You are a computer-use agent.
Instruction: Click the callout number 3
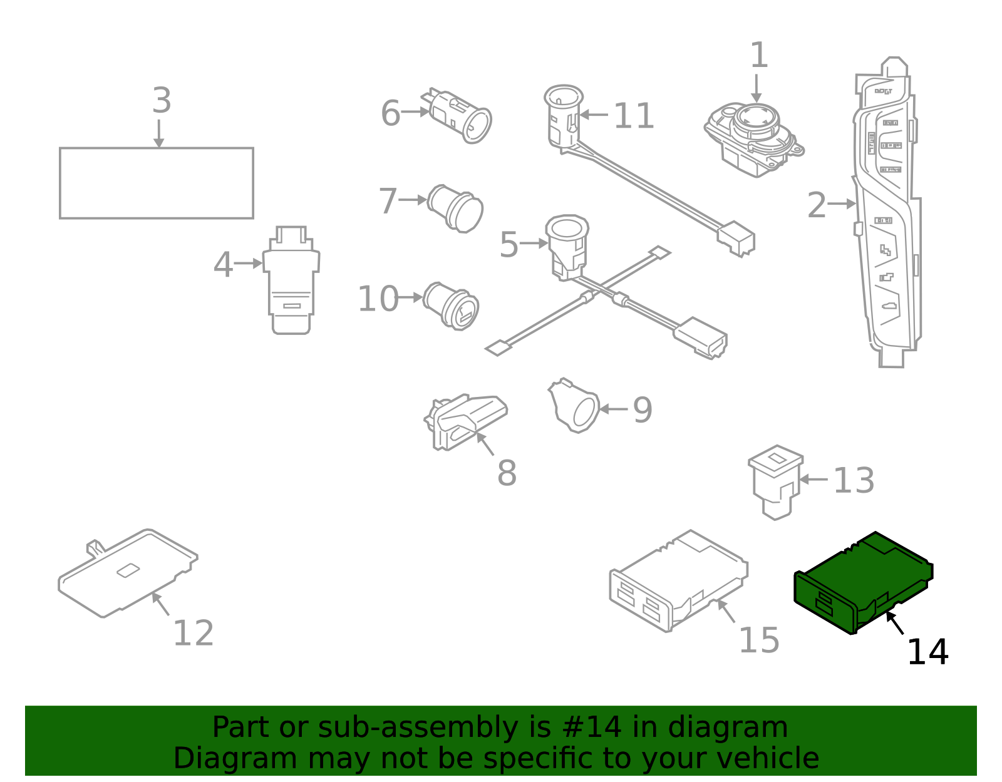(162, 101)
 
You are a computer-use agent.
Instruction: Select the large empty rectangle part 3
(156, 183)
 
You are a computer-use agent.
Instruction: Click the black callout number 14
(927, 652)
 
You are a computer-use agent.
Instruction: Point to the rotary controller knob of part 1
(756, 118)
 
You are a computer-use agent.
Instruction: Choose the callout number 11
(633, 116)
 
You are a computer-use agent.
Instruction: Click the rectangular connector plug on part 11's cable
(737, 239)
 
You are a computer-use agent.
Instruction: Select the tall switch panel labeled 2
(886, 213)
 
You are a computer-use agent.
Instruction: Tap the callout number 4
(223, 265)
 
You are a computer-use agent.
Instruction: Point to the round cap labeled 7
(456, 208)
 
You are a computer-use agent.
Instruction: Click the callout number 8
(507, 473)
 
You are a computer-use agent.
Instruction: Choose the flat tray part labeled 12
(128, 573)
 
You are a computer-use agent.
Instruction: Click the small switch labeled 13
(775, 481)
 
